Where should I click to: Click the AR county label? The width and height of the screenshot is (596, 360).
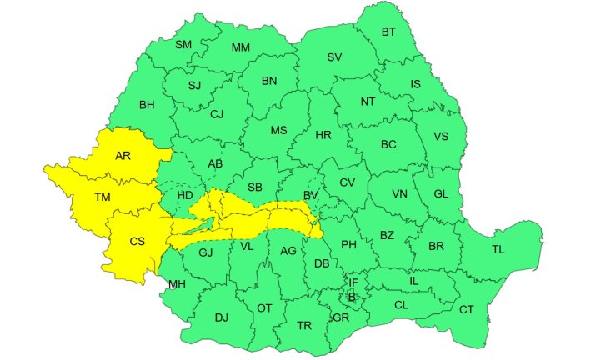click(123, 155)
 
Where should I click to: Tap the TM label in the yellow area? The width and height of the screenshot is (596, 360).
click(103, 198)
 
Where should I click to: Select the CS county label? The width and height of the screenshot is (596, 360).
click(138, 242)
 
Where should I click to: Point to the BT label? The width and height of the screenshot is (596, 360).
click(388, 32)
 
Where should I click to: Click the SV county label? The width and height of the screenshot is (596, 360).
click(334, 57)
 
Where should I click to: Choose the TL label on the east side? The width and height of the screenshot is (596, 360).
click(498, 249)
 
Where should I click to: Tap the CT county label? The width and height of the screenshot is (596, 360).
click(467, 309)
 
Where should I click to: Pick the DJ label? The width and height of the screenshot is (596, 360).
click(222, 317)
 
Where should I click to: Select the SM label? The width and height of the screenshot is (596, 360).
click(183, 44)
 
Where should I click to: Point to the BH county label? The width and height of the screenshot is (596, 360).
click(148, 105)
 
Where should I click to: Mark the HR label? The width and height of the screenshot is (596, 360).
click(324, 134)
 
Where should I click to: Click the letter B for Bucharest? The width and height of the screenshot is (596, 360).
click(352, 297)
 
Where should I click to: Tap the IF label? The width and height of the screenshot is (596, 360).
click(353, 282)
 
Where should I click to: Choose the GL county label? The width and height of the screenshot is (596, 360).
click(443, 194)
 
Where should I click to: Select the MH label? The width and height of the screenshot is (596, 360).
click(176, 285)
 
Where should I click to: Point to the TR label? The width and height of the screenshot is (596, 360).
click(304, 324)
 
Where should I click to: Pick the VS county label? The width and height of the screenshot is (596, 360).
click(442, 137)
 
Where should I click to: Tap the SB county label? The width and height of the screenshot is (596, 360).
click(255, 187)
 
